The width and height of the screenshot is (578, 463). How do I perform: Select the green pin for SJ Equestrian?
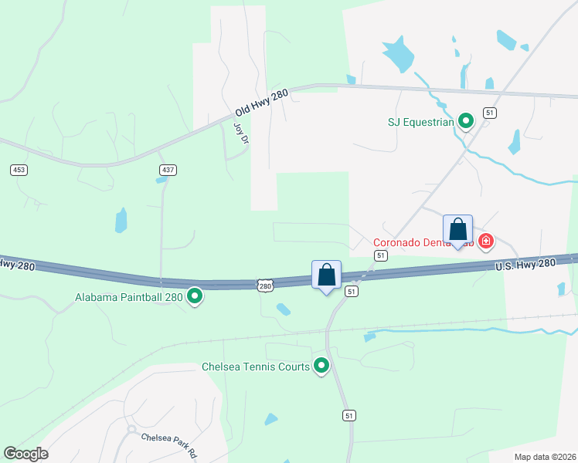point(466,120)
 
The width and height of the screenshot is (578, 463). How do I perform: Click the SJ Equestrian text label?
point(420,121)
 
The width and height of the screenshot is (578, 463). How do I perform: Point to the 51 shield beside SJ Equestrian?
point(489,113)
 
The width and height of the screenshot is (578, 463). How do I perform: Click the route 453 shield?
point(19,169)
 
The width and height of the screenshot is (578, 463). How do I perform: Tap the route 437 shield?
point(166,169)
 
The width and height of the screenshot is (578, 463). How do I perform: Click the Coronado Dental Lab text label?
point(423,242)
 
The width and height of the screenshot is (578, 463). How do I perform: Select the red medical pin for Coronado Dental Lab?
point(485,242)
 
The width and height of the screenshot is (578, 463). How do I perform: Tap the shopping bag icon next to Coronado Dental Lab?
point(457,230)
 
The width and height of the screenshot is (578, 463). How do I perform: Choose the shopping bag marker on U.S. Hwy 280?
point(326,275)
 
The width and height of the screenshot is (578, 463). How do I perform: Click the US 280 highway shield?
point(265,286)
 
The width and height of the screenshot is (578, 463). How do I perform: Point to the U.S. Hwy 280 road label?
point(525,264)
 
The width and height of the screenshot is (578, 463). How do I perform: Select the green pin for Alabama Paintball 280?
point(195,296)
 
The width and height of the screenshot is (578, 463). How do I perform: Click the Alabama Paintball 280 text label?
point(128,296)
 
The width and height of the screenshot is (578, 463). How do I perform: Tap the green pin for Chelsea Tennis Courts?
point(321,367)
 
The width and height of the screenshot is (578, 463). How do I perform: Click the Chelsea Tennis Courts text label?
point(255,367)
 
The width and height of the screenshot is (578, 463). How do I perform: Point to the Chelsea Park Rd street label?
point(168,441)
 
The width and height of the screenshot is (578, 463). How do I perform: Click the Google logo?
point(25,454)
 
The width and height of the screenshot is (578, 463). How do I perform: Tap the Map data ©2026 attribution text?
point(545,457)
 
